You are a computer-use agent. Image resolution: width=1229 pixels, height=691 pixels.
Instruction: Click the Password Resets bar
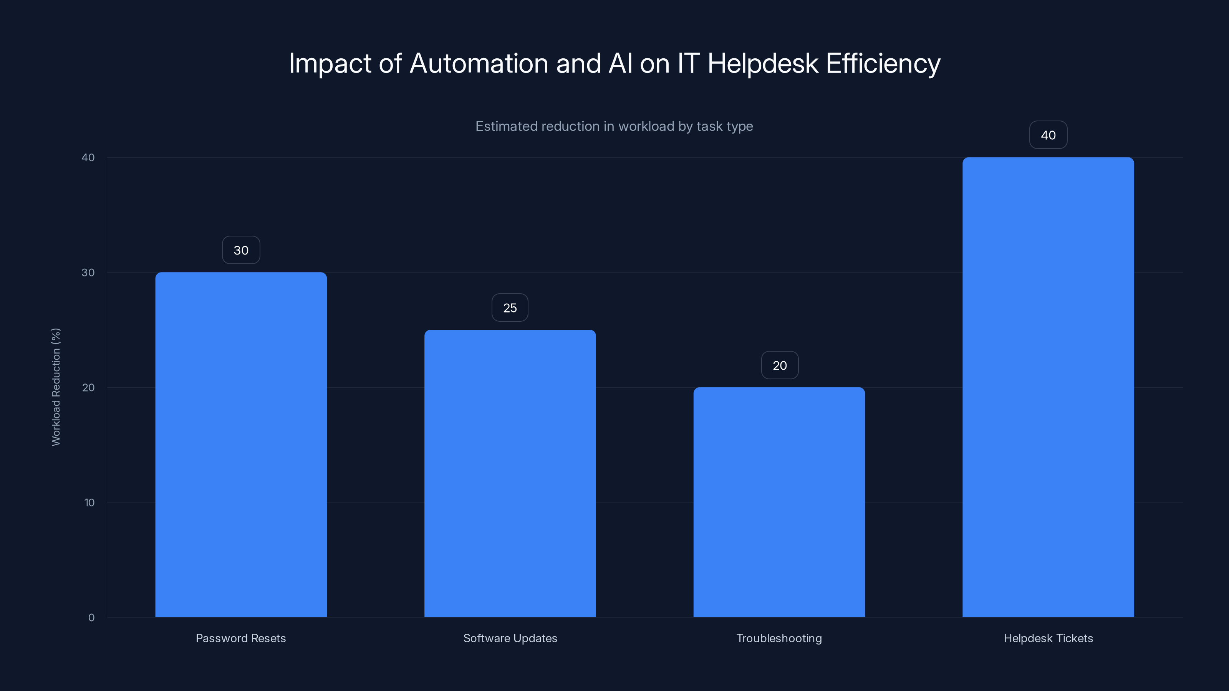click(241, 445)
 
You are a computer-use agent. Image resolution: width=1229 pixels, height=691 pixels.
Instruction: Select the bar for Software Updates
click(510, 473)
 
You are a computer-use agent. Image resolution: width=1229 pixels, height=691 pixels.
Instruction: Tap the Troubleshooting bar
click(779, 502)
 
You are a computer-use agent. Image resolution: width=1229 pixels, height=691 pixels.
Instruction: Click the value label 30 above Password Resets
click(241, 250)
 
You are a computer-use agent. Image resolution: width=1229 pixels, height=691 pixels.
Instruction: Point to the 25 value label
click(510, 308)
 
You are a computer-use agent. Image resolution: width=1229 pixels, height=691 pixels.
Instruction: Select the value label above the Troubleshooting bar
click(780, 366)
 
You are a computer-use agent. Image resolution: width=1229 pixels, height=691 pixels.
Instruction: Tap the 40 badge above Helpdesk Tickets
click(1048, 136)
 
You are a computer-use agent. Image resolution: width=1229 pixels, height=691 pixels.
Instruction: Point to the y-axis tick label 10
click(89, 503)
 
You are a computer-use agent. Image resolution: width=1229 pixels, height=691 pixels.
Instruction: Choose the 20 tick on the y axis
click(88, 388)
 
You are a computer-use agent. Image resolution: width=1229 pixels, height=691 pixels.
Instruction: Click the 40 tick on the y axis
click(88, 158)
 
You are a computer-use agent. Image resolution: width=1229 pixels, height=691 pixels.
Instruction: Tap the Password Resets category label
click(241, 638)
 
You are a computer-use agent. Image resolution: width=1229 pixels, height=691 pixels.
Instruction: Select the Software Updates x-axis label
click(510, 638)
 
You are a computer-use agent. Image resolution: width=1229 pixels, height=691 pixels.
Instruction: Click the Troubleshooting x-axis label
click(779, 638)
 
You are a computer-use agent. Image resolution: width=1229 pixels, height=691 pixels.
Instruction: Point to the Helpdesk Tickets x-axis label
click(1048, 638)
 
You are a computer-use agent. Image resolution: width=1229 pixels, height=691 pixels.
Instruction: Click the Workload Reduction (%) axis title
click(56, 387)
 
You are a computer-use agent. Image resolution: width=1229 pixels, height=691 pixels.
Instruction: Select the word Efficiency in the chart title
click(883, 63)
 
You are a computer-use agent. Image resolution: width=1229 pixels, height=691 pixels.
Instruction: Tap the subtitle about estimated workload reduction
click(614, 126)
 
